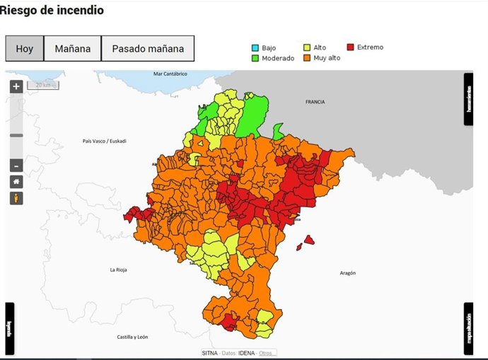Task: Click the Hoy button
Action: [25, 49]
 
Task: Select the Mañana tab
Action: [73, 49]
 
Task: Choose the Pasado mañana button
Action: [148, 49]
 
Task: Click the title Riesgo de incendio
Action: [52, 11]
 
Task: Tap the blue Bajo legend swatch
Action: [255, 48]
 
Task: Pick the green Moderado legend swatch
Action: [255, 58]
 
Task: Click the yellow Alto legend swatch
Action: [308, 48]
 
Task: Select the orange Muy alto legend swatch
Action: [308, 58]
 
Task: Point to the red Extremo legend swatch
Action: [352, 47]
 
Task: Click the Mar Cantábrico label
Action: [170, 74]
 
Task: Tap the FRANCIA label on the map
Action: [315, 102]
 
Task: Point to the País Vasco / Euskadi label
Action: [104, 141]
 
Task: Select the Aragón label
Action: [347, 272]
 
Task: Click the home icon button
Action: [16, 182]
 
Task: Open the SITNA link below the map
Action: [209, 353]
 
